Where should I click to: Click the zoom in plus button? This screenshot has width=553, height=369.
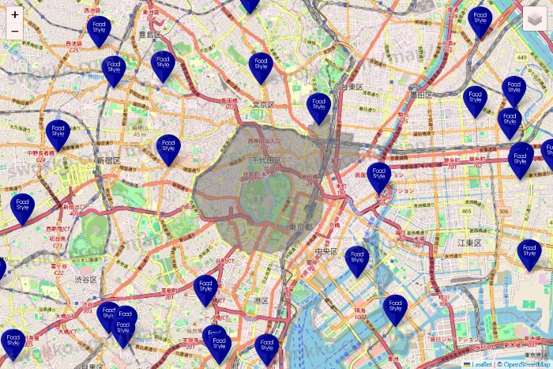(x=15, y=14)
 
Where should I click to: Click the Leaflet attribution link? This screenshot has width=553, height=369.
(x=480, y=364)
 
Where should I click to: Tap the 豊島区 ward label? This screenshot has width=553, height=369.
(x=150, y=35)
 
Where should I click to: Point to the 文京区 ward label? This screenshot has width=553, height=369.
(x=263, y=104)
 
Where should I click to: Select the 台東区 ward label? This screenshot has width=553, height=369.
(x=352, y=86)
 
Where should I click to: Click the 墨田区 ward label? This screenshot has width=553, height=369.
(x=418, y=94)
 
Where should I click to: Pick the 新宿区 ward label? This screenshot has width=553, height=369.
(x=108, y=160)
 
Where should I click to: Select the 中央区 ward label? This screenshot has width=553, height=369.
(x=326, y=251)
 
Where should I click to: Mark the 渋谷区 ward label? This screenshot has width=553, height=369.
(x=85, y=280)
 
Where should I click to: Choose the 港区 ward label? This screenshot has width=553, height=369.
(x=261, y=300)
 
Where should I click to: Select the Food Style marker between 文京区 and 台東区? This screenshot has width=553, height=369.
(x=319, y=107)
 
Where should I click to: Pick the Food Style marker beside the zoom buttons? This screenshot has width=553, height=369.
(x=100, y=31)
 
